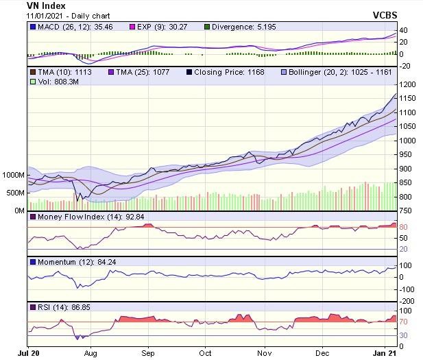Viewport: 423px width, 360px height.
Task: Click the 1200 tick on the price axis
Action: click(408, 84)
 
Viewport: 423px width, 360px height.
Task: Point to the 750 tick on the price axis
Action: click(406, 211)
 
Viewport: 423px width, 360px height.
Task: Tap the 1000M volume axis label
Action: click(14, 175)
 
